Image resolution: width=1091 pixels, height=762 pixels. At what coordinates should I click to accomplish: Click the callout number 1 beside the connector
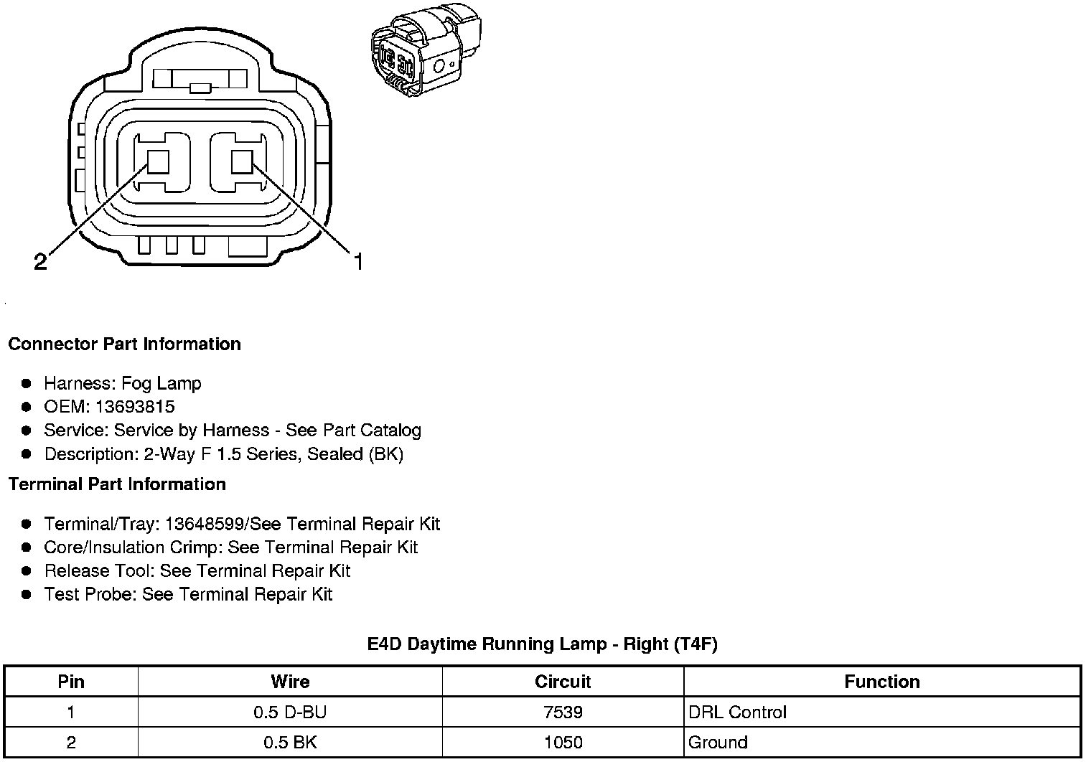point(358,261)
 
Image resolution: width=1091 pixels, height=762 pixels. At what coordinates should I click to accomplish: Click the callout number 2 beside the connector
point(40,261)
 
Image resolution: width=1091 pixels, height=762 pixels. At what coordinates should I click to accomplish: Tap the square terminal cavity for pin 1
point(242,161)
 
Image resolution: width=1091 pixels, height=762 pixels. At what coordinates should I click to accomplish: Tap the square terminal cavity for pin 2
point(158,161)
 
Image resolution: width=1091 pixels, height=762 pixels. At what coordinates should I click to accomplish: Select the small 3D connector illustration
point(426,50)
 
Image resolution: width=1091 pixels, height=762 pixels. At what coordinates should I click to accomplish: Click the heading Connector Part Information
point(125,344)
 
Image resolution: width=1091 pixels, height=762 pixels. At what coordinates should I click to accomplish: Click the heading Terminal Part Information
point(118,484)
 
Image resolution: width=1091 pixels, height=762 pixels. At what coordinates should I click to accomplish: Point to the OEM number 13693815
point(135,407)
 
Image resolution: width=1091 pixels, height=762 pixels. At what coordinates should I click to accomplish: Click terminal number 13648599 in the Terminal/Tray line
point(204,524)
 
